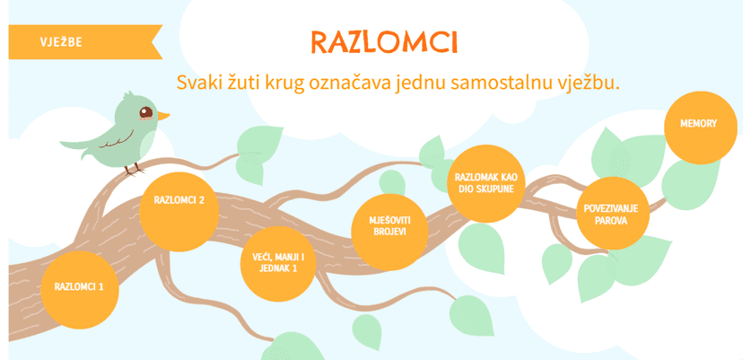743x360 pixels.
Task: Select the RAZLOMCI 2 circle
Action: (x=179, y=212)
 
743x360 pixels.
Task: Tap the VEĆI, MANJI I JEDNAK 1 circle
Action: (x=277, y=264)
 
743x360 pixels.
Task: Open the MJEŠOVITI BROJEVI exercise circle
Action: (x=389, y=232)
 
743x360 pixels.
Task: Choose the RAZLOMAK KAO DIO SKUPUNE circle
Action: (x=486, y=183)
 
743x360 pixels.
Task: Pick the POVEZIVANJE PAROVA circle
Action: (x=612, y=213)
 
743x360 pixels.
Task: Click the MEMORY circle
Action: (x=700, y=127)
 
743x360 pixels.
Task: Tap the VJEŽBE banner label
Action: (x=61, y=42)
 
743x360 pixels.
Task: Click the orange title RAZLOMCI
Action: (x=384, y=41)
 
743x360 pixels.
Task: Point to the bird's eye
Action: (x=146, y=113)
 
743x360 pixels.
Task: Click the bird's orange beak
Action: (x=163, y=115)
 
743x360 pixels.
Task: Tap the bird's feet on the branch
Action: (x=133, y=170)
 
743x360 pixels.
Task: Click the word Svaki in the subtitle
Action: (x=195, y=82)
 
